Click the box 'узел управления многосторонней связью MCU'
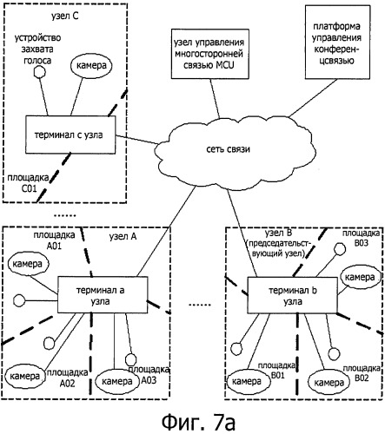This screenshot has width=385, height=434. pos(210,54)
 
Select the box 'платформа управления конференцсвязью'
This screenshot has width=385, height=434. pos(337,43)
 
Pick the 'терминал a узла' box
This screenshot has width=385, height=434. pos(103,295)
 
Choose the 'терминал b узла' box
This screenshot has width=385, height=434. pos(292,295)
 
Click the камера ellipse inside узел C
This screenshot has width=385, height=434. pos(91,66)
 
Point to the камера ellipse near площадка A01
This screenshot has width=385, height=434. pos(28,264)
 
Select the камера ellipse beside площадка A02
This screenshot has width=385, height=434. pos(25,377)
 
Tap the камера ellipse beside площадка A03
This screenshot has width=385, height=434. pos(117,382)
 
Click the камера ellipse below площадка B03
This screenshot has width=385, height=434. pos(360,278)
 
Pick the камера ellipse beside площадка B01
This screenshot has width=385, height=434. pos(248,381)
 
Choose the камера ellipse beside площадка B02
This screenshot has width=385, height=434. pos(329,383)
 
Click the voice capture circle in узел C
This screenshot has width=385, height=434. pos(39,71)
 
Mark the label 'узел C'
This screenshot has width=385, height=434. pos(65,16)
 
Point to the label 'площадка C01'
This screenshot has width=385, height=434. pos(28,183)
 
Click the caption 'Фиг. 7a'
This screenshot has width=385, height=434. pos(198,422)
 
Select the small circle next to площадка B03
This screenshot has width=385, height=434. pos(340,249)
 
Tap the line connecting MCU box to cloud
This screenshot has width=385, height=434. pos(215,99)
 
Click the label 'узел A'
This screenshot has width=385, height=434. pos(123,237)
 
